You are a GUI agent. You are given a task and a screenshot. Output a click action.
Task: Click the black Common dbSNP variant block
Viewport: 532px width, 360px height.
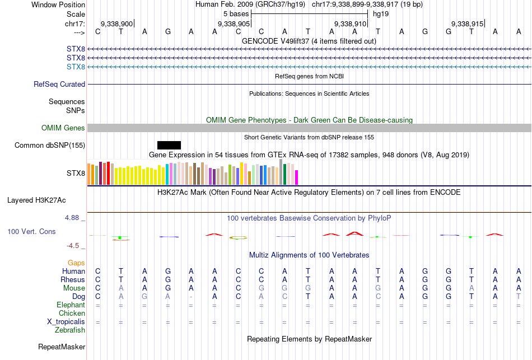(169, 146)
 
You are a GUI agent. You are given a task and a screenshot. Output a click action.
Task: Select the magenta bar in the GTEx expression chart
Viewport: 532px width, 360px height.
(297, 177)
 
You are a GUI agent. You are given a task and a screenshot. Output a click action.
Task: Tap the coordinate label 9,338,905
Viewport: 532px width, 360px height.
(234, 24)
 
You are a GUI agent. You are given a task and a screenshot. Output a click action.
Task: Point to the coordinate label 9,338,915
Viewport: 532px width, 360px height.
(467, 24)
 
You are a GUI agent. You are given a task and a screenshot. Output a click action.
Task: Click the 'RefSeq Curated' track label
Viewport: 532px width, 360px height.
(59, 85)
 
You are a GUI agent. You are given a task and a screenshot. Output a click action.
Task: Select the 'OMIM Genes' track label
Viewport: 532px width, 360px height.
(63, 128)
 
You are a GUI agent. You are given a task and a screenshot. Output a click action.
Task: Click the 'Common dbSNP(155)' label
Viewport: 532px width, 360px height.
(50, 146)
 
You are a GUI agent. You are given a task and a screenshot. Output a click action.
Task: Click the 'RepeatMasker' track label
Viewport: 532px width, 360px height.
(62, 347)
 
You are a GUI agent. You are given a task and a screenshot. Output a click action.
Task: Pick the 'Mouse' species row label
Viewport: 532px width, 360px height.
(74, 288)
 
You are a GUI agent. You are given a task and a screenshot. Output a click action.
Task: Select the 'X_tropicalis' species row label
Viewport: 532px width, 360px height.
(66, 322)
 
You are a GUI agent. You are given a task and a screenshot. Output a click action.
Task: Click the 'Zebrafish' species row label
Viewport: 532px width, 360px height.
(70, 330)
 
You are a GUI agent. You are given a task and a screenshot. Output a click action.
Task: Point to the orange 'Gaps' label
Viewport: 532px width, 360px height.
(76, 263)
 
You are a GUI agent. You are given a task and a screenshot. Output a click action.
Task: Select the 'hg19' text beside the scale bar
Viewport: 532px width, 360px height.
(381, 13)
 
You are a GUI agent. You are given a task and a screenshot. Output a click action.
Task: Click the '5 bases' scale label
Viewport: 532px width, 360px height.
(235, 13)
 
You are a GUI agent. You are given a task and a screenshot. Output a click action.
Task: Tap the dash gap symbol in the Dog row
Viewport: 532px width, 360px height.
(192, 296)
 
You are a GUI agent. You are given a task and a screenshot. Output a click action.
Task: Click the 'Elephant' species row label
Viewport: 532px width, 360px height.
(71, 305)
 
